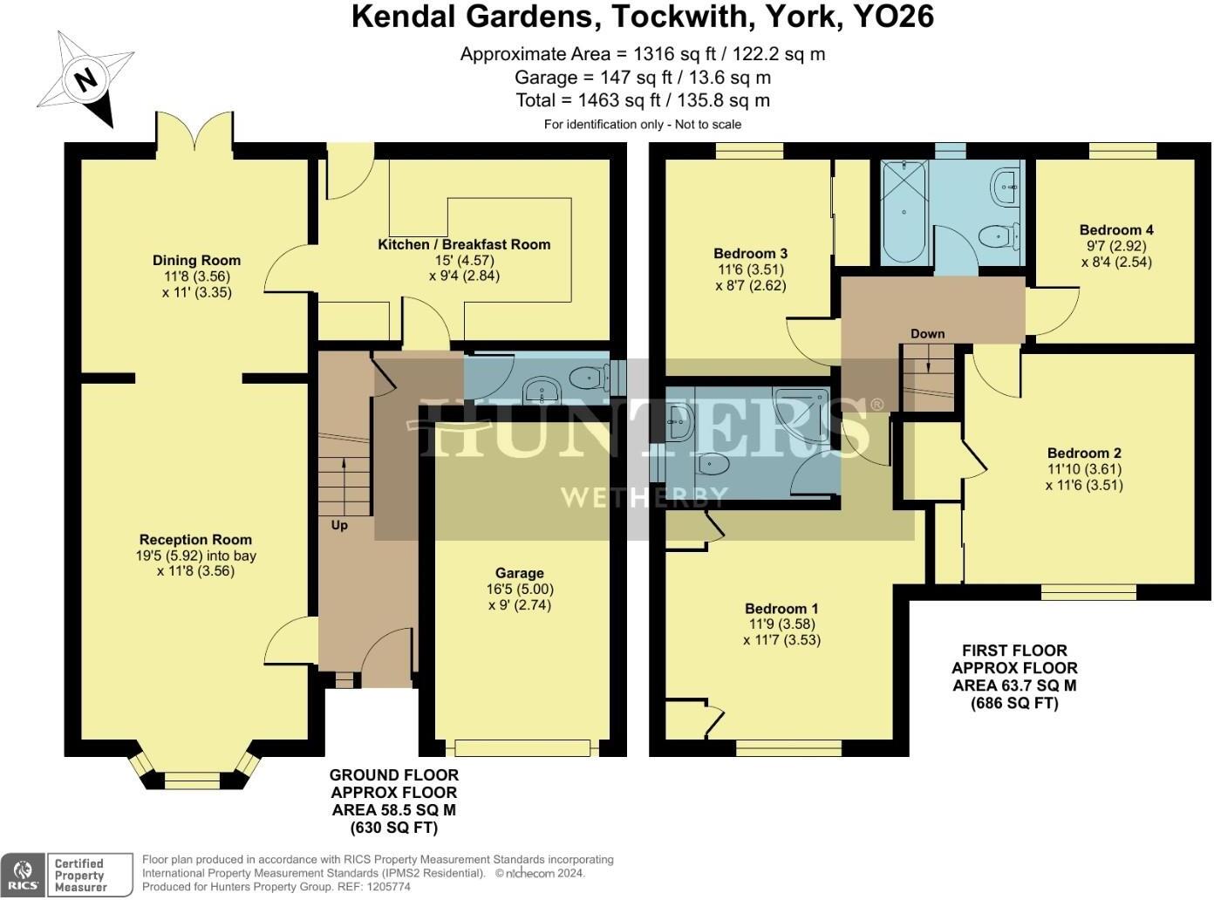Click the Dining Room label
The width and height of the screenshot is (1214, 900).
pos(196,260)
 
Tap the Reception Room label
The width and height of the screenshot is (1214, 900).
pos(195,540)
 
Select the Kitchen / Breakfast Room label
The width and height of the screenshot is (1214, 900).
pos(464,244)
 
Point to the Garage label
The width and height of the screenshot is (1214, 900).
pos(520,573)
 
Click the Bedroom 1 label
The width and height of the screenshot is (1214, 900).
pos(781,609)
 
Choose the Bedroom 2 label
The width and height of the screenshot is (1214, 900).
pos(1084,453)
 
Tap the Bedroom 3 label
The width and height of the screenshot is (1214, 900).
pos(751,254)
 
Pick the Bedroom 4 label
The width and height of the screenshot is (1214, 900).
pos(1116,230)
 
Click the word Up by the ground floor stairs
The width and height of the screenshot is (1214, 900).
pos(339,525)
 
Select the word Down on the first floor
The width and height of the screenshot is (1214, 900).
pos(928,333)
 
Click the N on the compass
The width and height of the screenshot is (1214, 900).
pos(85,80)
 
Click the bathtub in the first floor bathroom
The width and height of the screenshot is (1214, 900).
pos(904,211)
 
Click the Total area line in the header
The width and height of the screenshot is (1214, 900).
pos(643,100)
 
